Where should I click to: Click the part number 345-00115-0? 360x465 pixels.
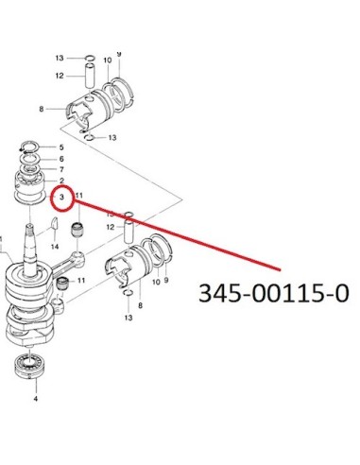[x=274, y=293]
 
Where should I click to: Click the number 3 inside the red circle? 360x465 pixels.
[x=61, y=197]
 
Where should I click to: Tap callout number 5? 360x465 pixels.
[x=61, y=147]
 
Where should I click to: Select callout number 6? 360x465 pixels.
[x=61, y=159]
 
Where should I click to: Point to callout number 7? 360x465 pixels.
[x=61, y=169]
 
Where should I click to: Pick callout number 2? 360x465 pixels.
[x=61, y=181]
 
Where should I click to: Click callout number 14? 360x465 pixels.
[x=55, y=247]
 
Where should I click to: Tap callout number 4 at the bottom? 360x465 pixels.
[x=36, y=399]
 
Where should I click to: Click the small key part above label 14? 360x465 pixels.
[x=54, y=223]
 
